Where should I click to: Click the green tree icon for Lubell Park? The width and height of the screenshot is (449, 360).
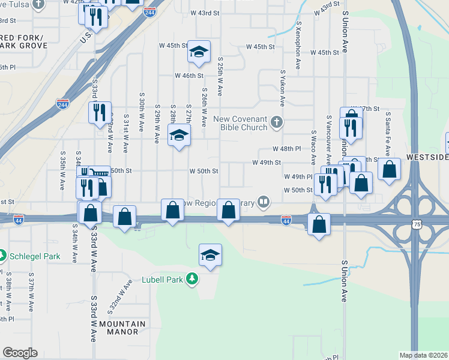(192, 279)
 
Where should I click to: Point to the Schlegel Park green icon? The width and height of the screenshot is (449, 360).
(3, 256)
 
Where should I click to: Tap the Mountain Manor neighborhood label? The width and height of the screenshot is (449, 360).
(122, 328)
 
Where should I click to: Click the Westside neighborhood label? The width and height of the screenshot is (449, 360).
(427, 157)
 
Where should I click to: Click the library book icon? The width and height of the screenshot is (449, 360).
(263, 202)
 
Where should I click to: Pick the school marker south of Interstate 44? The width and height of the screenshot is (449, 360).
(210, 256)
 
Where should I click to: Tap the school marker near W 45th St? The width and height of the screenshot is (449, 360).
(198, 52)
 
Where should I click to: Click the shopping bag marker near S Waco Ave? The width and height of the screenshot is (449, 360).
(319, 224)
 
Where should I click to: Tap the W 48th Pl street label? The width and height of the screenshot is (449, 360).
(286, 148)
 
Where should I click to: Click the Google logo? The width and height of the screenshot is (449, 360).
(20, 353)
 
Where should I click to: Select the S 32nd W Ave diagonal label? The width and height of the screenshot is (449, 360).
(120, 298)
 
